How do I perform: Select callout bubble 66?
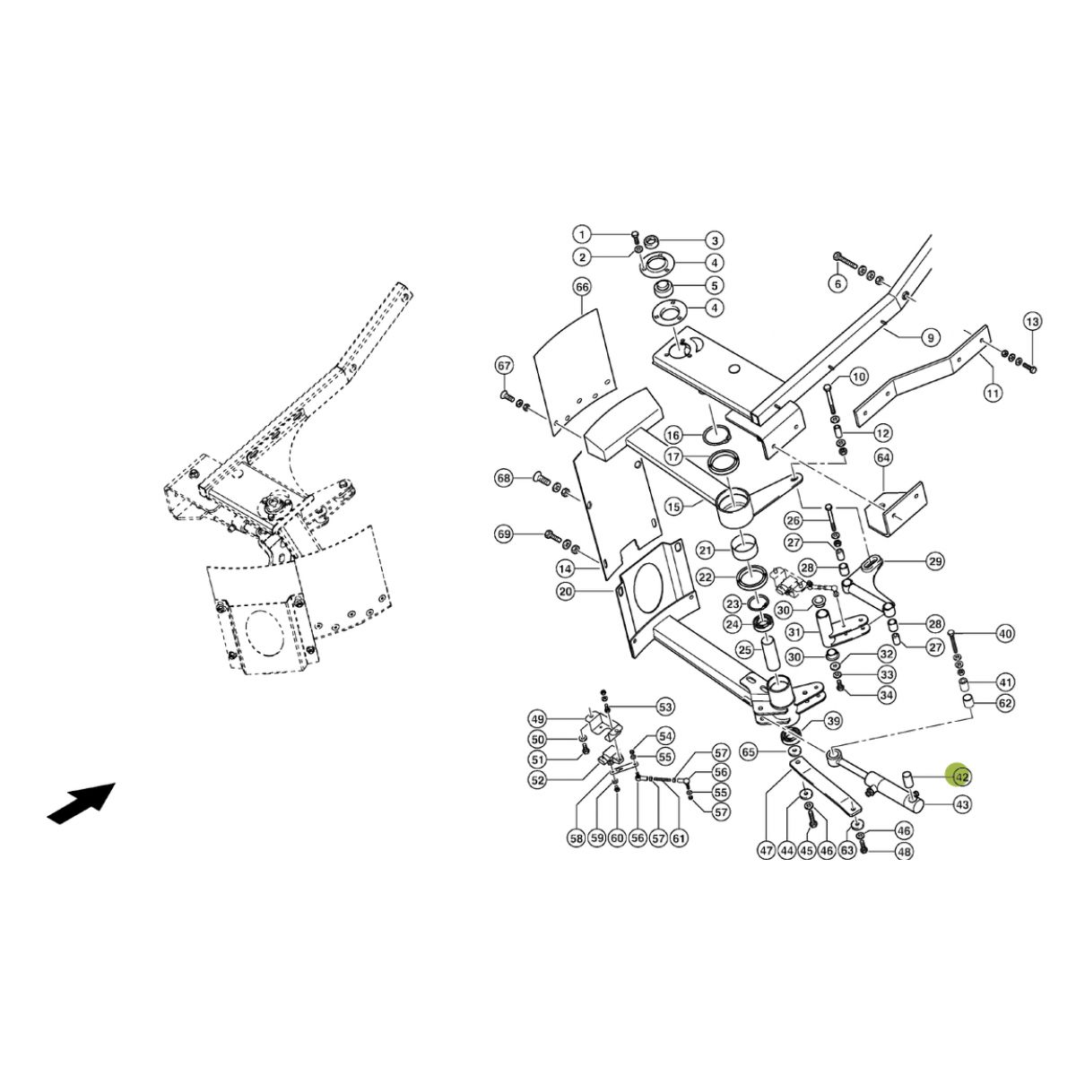coord(582,288)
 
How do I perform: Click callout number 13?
coord(1032,322)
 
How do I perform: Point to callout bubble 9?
coord(931,337)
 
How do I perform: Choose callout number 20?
coord(566,591)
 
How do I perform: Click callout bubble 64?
coord(883,458)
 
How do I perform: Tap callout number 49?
coord(538,718)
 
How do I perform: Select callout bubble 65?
coord(748,752)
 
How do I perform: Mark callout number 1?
coord(583,234)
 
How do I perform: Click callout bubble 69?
coord(504,534)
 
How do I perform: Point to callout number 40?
coord(1005,634)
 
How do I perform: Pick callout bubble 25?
coord(745,649)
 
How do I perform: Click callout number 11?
coord(993,393)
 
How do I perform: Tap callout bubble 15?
coord(674,507)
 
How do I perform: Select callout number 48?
coord(904,852)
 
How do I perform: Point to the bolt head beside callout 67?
coord(506,396)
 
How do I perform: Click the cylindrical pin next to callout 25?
coord(767,652)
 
